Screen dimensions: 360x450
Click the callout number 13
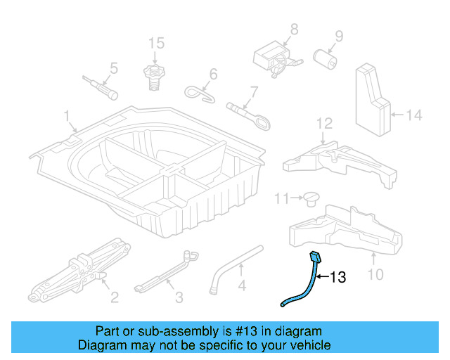[338, 278]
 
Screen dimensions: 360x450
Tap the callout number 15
[156, 44]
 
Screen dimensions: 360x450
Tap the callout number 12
[323, 124]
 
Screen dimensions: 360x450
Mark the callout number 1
[67, 115]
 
